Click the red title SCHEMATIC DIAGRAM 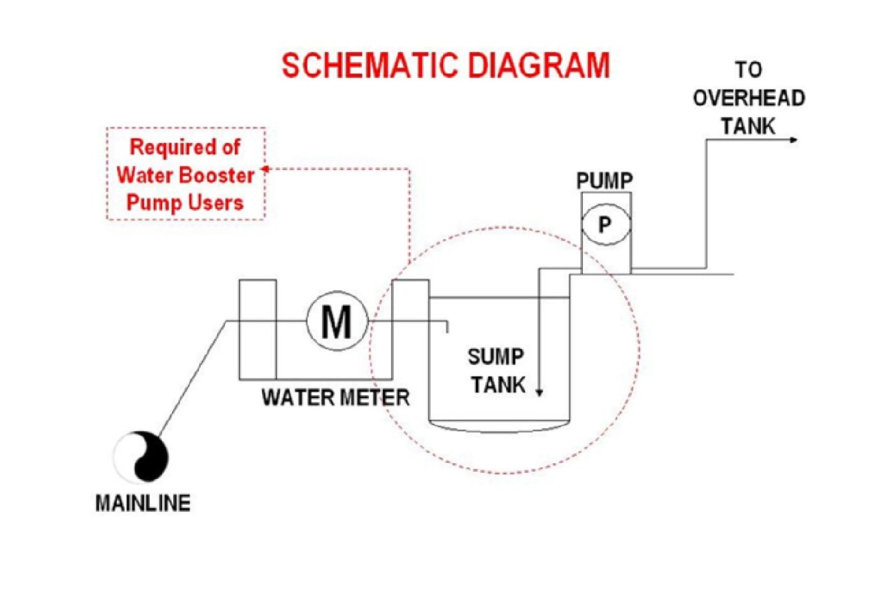pos(446,66)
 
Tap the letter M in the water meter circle pos(336,321)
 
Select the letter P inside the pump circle pos(604,225)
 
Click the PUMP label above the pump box pos(604,181)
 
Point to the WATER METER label pos(336,397)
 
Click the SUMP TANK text pos(497,370)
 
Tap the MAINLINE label pos(143,503)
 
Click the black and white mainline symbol pos(141,457)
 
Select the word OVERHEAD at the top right pos(749,98)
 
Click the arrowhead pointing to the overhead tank pos(793,140)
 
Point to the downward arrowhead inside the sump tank pos(539,393)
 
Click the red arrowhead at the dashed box pos(266,169)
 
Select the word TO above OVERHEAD pos(749,69)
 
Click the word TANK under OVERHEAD pos(748,127)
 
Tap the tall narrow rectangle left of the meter pos(257,330)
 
